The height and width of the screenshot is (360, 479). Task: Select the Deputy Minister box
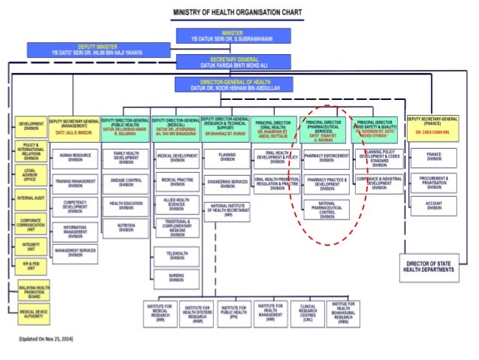[95, 50]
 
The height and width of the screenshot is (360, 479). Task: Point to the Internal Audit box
[32, 199]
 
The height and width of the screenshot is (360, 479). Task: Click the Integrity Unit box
[32, 246]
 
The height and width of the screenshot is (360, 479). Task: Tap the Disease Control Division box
[125, 181]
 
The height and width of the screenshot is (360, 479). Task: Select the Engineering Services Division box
[227, 183]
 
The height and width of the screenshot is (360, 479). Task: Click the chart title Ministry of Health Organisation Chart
[239, 14]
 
